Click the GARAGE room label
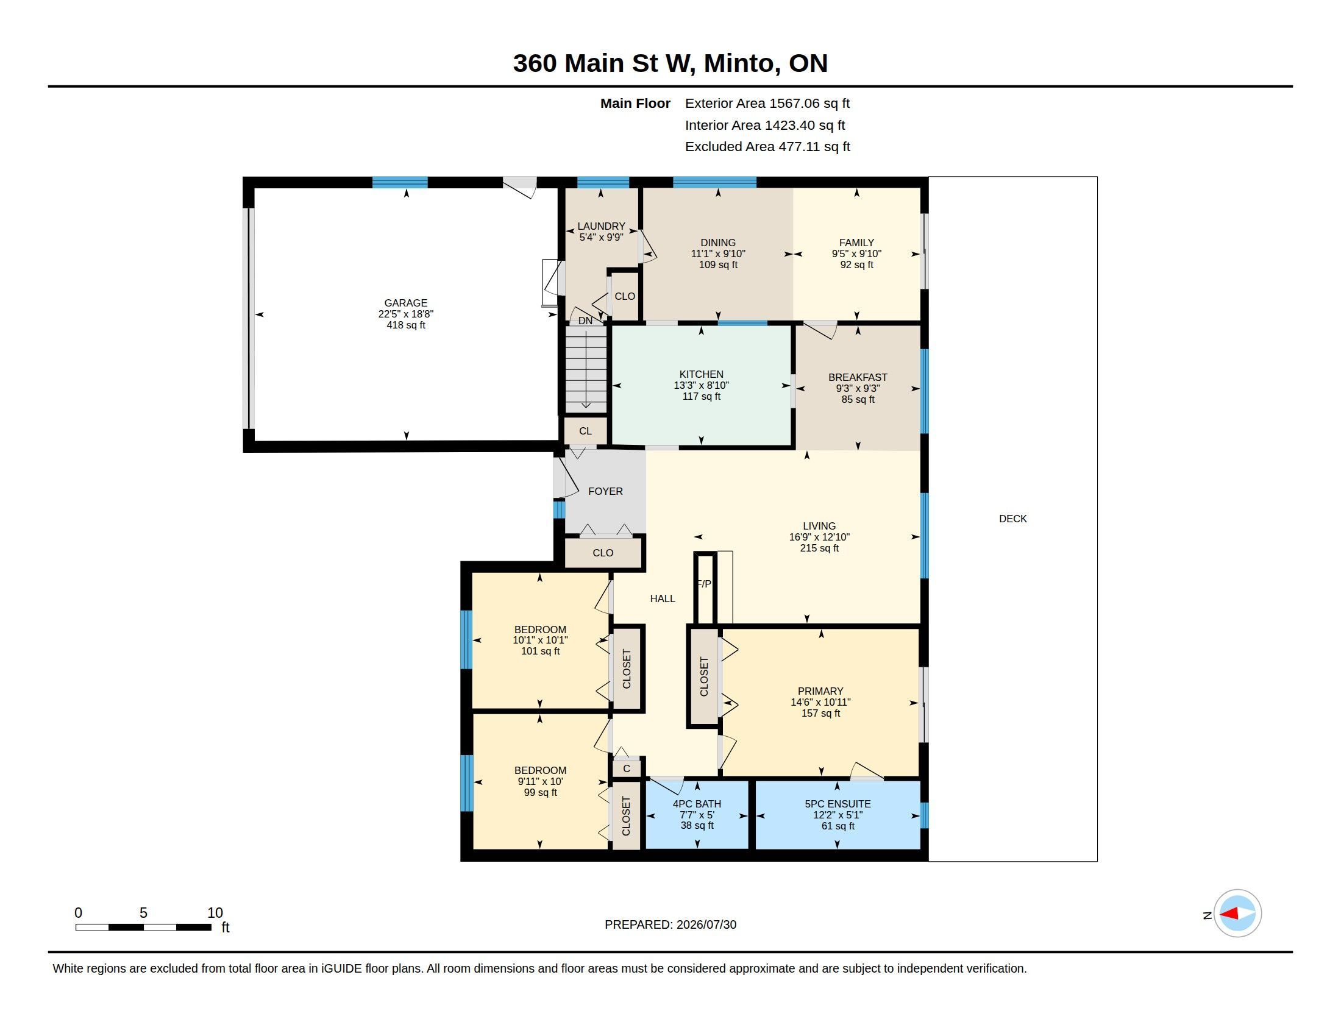(x=405, y=303)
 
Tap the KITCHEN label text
(x=701, y=374)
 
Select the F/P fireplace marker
(x=704, y=584)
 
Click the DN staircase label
(x=585, y=321)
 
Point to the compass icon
(x=1237, y=914)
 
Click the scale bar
(x=144, y=927)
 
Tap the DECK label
(x=1012, y=519)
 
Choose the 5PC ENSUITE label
(x=838, y=804)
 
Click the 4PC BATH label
(x=697, y=804)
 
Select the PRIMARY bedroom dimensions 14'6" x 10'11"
(x=820, y=702)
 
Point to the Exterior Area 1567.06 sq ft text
(x=767, y=103)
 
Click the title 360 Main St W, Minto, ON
(x=670, y=63)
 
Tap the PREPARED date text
(x=670, y=925)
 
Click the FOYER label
(x=605, y=491)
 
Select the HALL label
(x=663, y=598)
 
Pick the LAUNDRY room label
(x=601, y=227)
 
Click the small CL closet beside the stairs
(x=585, y=431)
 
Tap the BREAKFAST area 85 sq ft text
(x=858, y=400)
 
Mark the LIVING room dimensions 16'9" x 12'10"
(x=819, y=537)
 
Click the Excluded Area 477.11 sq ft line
(x=767, y=147)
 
